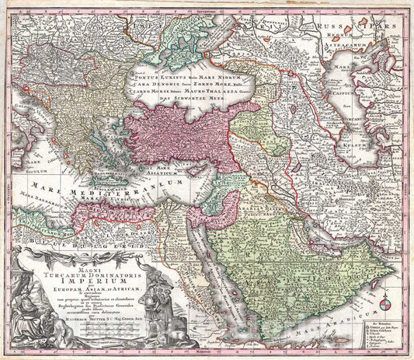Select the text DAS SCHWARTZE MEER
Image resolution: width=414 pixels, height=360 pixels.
(174, 119)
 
